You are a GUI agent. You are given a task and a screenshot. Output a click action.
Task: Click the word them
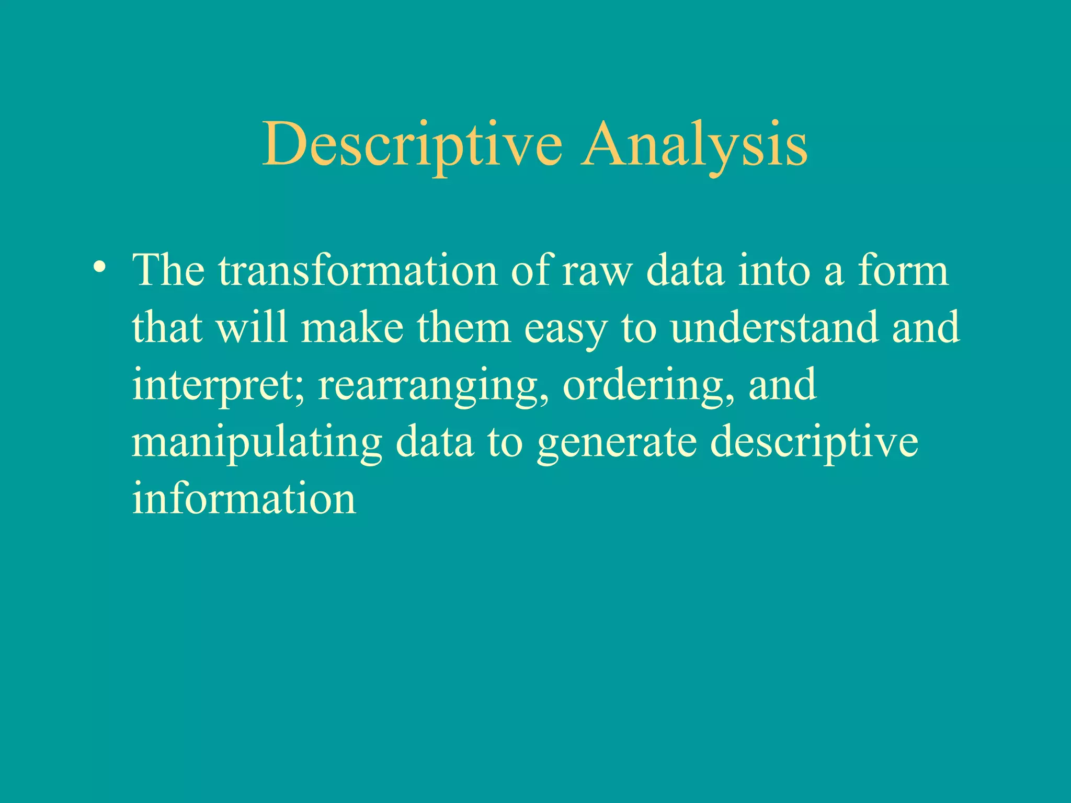point(464,328)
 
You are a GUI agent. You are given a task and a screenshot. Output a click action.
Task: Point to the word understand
point(774,328)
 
